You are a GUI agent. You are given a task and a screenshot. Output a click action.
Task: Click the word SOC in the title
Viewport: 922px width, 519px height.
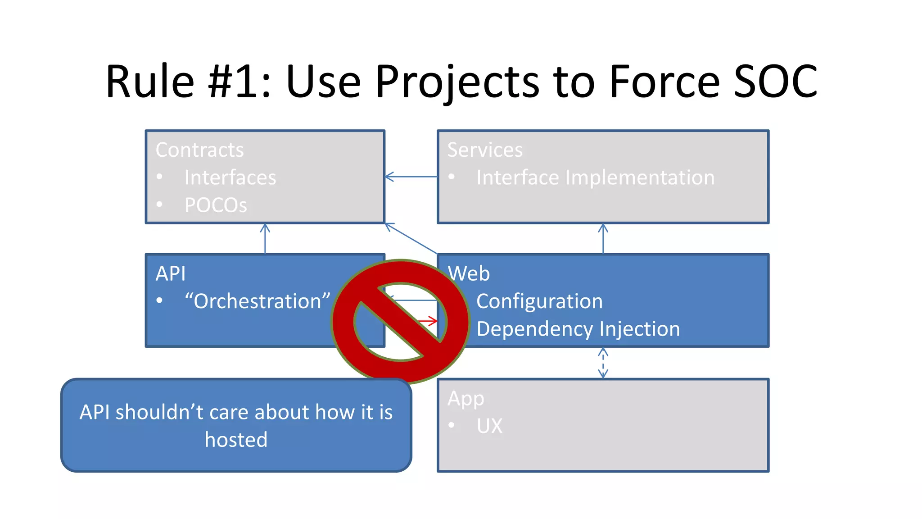click(x=775, y=82)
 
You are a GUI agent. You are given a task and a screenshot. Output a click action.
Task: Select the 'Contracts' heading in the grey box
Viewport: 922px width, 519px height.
click(x=199, y=150)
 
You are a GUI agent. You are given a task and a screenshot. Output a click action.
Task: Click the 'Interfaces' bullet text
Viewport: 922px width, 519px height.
click(x=230, y=178)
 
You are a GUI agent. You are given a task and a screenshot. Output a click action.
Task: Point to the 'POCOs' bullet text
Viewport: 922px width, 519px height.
click(x=216, y=205)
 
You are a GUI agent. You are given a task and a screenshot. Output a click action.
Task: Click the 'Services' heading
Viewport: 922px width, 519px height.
click(x=485, y=150)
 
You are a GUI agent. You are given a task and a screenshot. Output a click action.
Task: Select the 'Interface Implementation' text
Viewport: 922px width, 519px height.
click(x=595, y=178)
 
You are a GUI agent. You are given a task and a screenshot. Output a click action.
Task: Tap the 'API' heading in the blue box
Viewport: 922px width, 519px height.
click(x=170, y=274)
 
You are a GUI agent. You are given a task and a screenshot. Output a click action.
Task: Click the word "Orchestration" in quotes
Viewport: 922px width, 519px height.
click(x=258, y=301)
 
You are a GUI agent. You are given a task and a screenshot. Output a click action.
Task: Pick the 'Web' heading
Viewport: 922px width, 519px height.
click(x=469, y=274)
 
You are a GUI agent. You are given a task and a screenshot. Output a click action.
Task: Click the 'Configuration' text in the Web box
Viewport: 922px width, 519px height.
click(x=539, y=301)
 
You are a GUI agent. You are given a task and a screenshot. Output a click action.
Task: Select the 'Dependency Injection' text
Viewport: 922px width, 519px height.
click(x=578, y=329)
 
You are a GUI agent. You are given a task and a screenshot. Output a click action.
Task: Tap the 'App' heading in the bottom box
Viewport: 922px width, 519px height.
click(x=466, y=399)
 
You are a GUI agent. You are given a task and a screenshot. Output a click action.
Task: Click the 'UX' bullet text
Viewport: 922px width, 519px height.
click(x=489, y=426)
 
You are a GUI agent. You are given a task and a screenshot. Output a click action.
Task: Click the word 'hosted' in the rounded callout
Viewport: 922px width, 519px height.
click(x=236, y=440)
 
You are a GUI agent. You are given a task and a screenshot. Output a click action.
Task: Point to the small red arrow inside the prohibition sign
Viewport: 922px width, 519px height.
click(x=428, y=321)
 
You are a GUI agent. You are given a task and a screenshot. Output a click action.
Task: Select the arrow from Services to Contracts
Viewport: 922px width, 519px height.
click(x=411, y=177)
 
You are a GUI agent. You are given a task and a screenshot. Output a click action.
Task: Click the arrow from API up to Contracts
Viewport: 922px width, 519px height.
click(x=265, y=238)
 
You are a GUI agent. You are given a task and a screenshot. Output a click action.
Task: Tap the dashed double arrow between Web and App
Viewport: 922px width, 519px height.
click(x=603, y=363)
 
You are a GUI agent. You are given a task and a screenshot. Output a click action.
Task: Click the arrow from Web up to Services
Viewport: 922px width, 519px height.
click(x=603, y=238)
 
